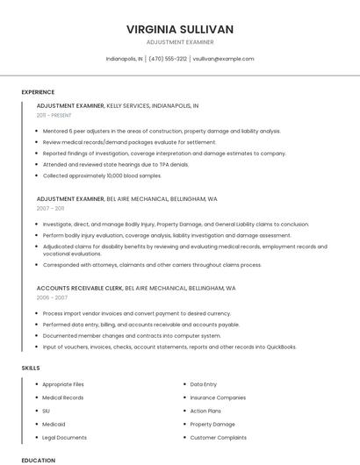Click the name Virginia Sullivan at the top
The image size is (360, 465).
tap(179, 29)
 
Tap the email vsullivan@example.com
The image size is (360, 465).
tap(223, 59)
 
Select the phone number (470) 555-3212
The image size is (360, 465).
tap(168, 59)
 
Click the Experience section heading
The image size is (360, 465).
tap(38, 92)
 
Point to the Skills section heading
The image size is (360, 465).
tap(31, 368)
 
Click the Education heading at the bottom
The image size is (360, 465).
tap(38, 460)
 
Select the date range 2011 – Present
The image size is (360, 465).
tap(54, 115)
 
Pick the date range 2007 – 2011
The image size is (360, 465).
tap(50, 209)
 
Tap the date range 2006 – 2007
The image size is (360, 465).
tap(52, 297)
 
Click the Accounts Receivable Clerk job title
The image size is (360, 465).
tap(80, 288)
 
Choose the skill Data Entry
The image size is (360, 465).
tap(203, 384)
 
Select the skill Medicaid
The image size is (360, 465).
tap(54, 424)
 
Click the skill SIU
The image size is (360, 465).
tap(46, 411)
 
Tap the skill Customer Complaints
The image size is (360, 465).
tap(218, 437)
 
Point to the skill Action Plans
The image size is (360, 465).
tap(205, 411)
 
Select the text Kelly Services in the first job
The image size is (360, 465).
tap(127, 105)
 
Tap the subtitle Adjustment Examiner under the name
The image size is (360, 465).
tap(179, 42)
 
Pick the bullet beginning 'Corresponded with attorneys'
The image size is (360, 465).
tap(152, 264)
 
